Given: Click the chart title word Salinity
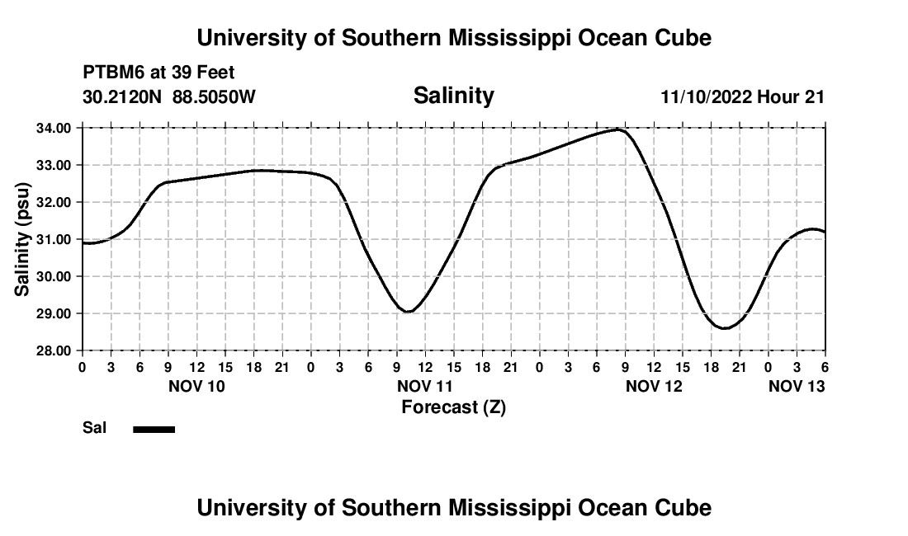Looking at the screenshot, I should tap(453, 96).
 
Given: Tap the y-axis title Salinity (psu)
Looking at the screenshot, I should tap(22, 239).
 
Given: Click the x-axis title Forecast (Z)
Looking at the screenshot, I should tap(453, 407).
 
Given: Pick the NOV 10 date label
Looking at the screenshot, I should tap(196, 386).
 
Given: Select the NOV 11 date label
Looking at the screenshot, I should tap(425, 386).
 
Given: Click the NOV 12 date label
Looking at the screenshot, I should tap(654, 386).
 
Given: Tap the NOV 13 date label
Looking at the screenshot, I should tap(797, 386).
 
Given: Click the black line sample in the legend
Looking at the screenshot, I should tap(154, 429).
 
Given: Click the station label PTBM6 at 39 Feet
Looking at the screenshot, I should tap(158, 73).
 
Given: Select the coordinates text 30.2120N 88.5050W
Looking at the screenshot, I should tap(169, 97).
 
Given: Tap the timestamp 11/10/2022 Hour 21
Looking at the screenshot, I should tap(742, 97).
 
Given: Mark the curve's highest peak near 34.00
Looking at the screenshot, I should tap(618, 129).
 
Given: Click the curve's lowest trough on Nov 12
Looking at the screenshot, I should tap(725, 328).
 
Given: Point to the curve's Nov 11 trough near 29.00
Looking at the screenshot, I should tap(408, 311).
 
